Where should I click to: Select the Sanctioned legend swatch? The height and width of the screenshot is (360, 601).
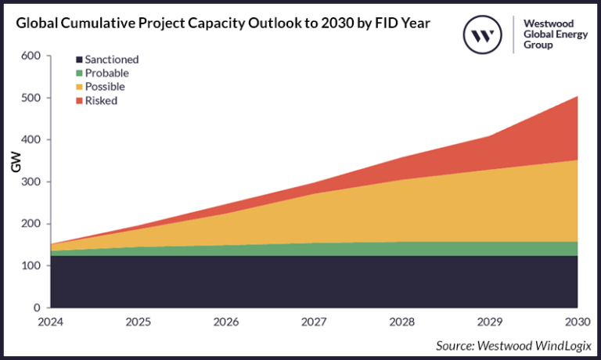[x=79, y=59]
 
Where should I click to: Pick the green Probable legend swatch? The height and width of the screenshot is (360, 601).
[x=79, y=73]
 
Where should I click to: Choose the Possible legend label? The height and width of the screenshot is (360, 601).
[x=105, y=87]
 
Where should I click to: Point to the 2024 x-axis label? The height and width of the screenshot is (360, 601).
[x=50, y=322]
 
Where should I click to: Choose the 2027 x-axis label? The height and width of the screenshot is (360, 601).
[x=314, y=322]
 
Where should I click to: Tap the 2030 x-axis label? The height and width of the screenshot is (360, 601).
[x=577, y=322]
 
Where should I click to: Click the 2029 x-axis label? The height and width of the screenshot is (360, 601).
[x=489, y=322]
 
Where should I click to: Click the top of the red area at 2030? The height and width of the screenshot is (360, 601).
[x=577, y=98]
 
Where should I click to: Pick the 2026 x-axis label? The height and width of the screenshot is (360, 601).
[x=226, y=322]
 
